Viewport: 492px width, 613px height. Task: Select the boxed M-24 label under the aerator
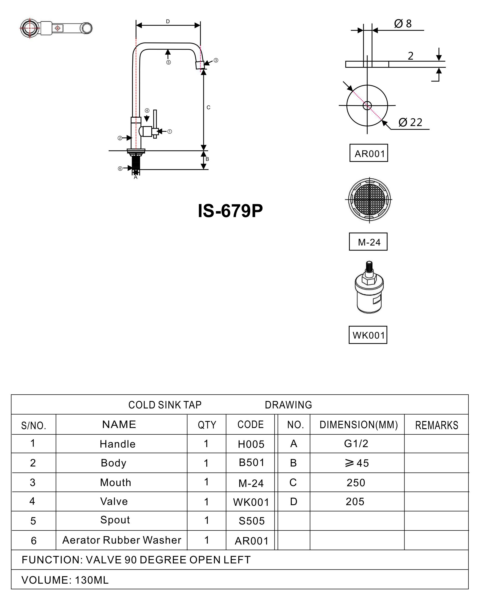[368, 242]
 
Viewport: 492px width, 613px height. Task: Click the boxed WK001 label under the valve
[368, 335]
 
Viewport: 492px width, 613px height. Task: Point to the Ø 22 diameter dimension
[410, 122]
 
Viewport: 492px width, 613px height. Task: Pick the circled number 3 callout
[216, 60]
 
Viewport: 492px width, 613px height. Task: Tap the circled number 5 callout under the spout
[169, 62]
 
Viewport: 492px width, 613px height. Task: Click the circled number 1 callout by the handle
[170, 131]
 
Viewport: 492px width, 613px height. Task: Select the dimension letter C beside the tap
[208, 107]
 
